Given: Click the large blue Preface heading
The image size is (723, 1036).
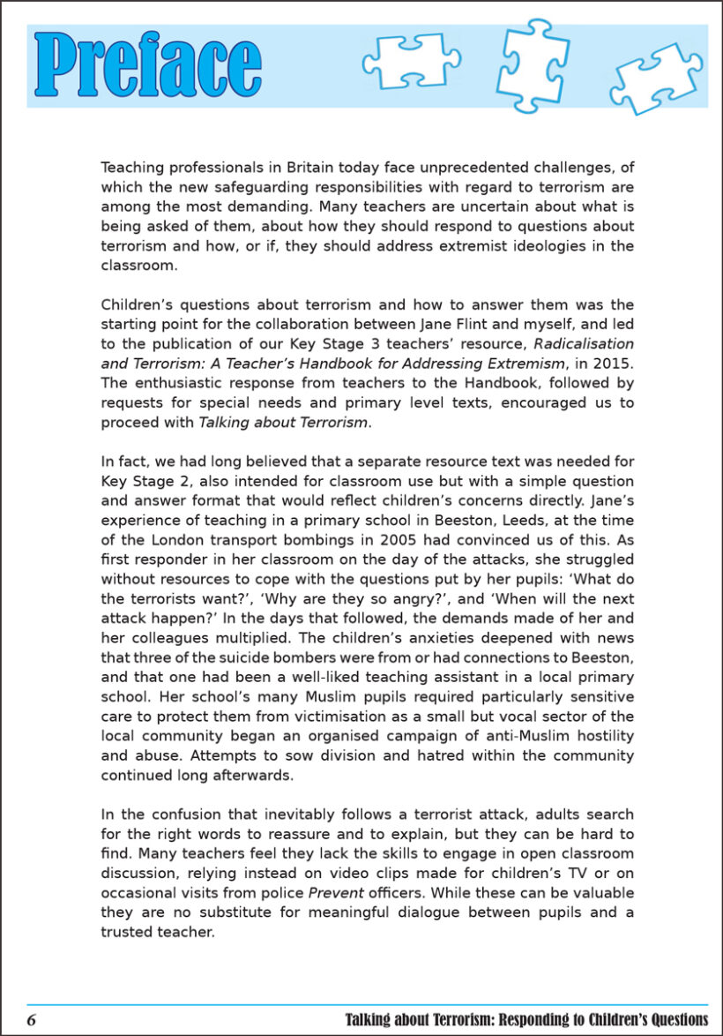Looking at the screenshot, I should pyautogui.click(x=148, y=65).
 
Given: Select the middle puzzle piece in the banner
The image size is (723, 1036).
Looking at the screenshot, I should pyautogui.click(x=532, y=64).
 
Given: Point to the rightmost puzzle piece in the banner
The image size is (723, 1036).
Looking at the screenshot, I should pyautogui.click(x=656, y=77).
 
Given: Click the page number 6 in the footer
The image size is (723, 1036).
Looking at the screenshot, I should pyautogui.click(x=32, y=1020).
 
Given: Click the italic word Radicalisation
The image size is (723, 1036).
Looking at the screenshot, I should pyautogui.click(x=583, y=344).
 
